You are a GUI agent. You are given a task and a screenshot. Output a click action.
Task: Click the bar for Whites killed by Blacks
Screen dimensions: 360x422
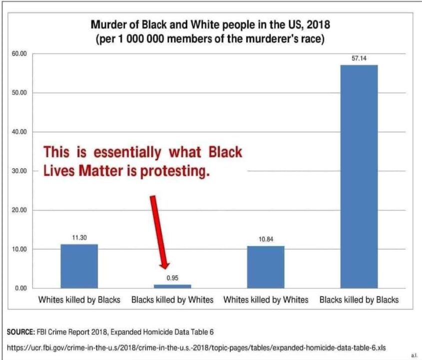click(x=79, y=266)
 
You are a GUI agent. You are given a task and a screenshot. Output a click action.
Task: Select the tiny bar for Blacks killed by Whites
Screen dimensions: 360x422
click(x=172, y=286)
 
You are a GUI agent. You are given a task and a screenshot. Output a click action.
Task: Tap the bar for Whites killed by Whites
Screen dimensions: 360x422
click(x=266, y=267)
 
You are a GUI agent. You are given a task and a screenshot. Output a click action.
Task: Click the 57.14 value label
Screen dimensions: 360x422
click(x=359, y=58)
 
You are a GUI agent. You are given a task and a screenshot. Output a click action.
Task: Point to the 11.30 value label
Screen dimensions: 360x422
click(x=79, y=238)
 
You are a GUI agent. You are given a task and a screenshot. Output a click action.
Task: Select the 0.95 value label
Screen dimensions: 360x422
click(x=172, y=278)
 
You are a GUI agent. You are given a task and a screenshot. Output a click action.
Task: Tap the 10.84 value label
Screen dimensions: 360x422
click(x=266, y=239)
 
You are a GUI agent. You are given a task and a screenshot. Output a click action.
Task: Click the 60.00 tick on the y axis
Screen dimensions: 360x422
click(x=20, y=53)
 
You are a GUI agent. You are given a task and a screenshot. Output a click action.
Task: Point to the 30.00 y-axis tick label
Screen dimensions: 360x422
click(x=20, y=171)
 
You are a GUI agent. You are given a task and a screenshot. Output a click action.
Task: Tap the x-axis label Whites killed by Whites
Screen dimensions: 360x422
click(x=266, y=300)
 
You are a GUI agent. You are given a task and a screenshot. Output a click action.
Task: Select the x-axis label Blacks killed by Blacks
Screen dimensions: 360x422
click(x=359, y=300)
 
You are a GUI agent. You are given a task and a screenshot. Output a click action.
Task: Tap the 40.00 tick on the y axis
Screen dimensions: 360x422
click(x=20, y=132)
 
